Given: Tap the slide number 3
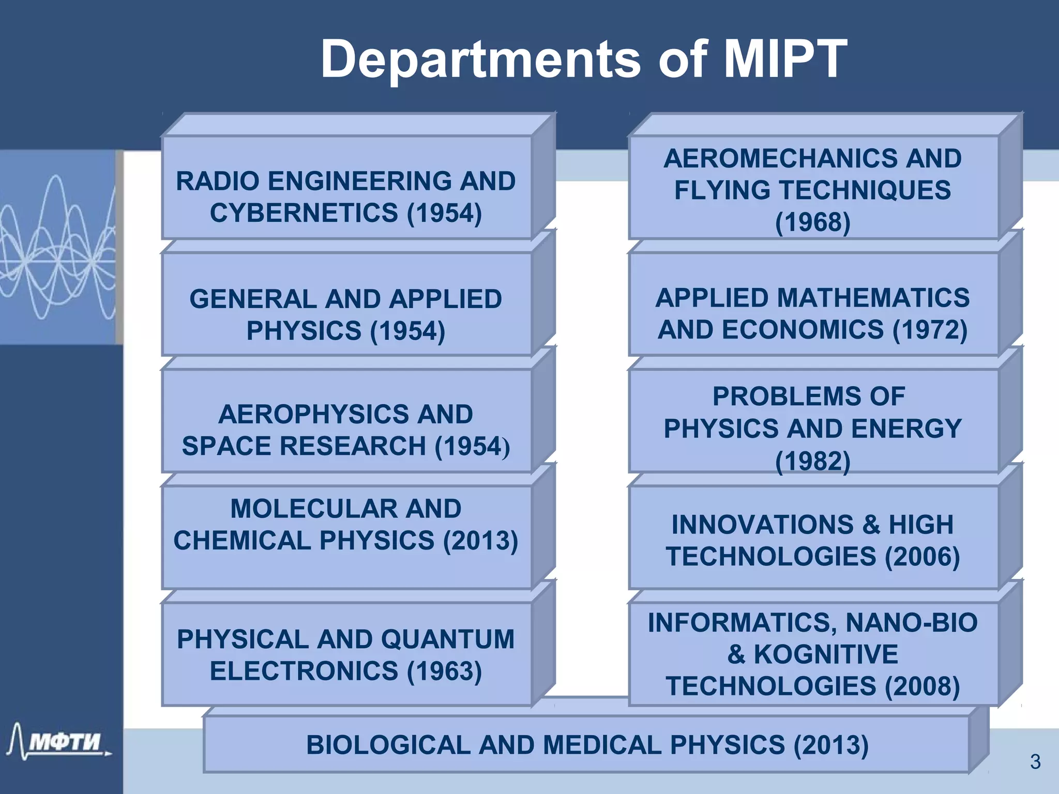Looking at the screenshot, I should click(1035, 762).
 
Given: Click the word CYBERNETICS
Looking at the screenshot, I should click(304, 213).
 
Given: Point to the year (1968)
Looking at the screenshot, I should click(812, 222).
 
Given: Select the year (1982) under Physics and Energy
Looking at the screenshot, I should click(812, 461).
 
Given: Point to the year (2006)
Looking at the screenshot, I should click(922, 557).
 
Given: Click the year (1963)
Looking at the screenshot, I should click(444, 671).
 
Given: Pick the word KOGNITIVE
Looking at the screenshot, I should click(826, 654).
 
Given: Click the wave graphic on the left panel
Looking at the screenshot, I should click(57, 248).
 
